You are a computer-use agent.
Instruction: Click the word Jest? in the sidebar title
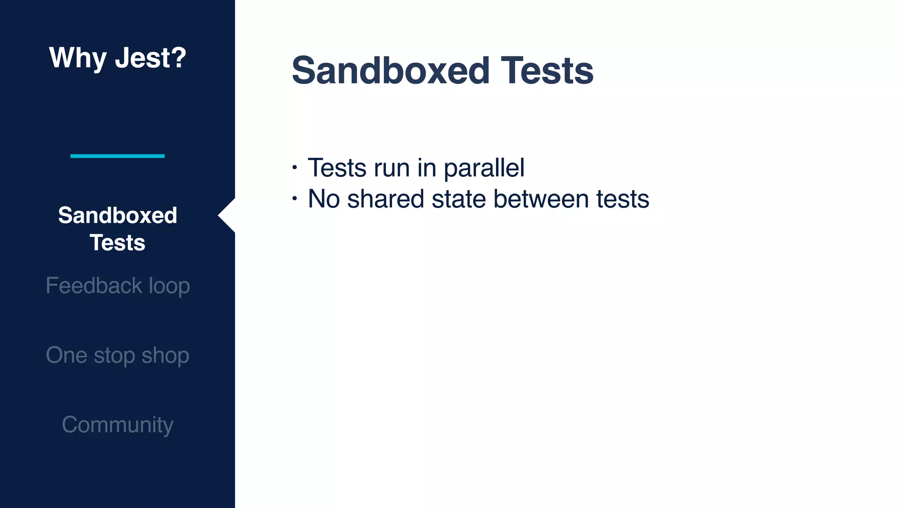tap(150, 58)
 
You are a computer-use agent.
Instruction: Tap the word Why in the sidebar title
tap(78, 58)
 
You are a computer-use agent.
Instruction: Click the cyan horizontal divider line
tap(117, 156)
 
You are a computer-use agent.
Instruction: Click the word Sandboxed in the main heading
tap(391, 71)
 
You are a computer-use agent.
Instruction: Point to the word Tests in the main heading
tap(547, 71)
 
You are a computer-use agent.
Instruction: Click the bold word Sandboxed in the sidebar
tap(117, 215)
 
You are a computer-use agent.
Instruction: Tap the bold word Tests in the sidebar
tap(117, 243)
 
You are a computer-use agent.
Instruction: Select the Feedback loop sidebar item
tap(118, 286)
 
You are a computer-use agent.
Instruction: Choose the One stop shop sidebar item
tap(118, 355)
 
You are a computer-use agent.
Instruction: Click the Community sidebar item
tap(118, 425)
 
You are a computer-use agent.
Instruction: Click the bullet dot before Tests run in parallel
tap(295, 168)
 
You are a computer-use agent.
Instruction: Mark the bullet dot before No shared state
tap(295, 199)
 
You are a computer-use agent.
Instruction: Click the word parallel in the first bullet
tap(484, 168)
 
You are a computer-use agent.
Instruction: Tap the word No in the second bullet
tap(323, 199)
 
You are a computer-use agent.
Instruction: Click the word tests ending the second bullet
tap(623, 199)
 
